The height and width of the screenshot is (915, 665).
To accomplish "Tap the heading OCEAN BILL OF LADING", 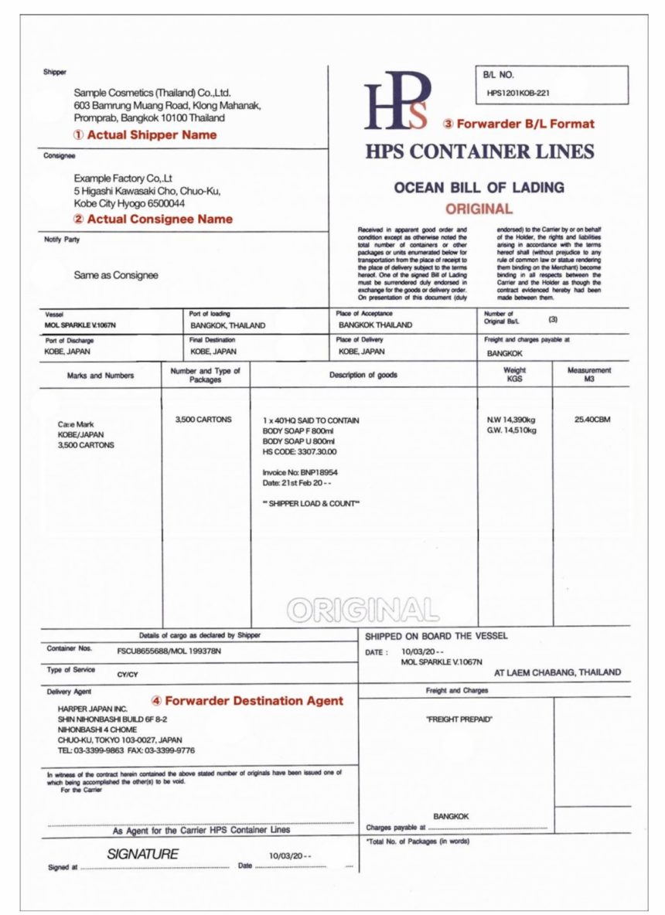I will point(479,187).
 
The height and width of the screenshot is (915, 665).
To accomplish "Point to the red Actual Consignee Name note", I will point(153,219).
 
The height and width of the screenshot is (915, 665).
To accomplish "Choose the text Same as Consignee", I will point(116,274).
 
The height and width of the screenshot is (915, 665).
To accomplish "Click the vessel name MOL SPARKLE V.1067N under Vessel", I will point(80,325).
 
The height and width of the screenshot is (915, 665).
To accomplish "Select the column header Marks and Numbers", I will point(101,376).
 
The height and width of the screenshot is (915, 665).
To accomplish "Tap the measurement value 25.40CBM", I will point(592,420).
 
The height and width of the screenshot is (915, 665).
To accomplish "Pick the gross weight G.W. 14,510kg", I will point(511,430).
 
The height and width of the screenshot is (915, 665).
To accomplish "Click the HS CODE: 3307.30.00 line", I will point(300,451).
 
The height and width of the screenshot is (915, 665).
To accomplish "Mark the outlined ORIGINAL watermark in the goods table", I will point(363,611).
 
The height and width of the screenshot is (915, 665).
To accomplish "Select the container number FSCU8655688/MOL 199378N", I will point(169,651).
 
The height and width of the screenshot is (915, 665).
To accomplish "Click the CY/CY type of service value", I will point(127,674).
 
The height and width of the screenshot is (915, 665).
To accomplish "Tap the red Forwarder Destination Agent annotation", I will point(247,701).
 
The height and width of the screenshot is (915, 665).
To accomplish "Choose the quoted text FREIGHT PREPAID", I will point(459,719).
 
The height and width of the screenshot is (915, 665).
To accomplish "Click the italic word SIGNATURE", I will point(142,854).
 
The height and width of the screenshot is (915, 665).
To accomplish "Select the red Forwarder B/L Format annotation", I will point(519,124).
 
